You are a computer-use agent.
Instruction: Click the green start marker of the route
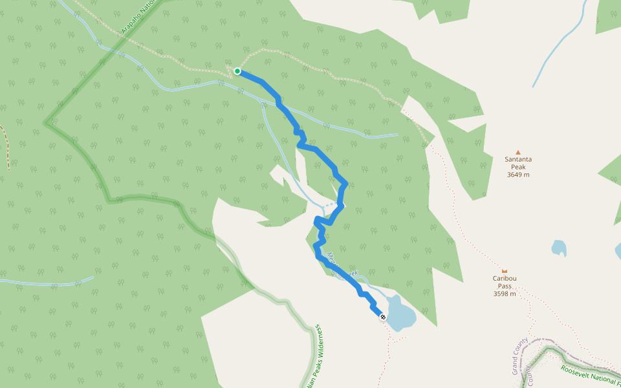click(237, 71)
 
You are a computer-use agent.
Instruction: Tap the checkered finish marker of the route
click(382, 317)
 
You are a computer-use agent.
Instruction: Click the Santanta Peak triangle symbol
click(517, 153)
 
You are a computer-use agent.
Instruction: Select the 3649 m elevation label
click(517, 175)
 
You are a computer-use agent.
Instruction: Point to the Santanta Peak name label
click(517, 162)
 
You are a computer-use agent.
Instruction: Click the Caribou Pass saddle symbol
click(504, 270)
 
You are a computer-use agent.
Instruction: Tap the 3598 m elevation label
click(505, 294)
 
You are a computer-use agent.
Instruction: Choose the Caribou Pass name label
click(505, 282)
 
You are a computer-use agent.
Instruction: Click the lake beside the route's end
click(401, 313)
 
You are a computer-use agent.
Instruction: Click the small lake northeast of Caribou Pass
click(558, 248)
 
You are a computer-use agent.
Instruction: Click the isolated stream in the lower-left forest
click(45, 282)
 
